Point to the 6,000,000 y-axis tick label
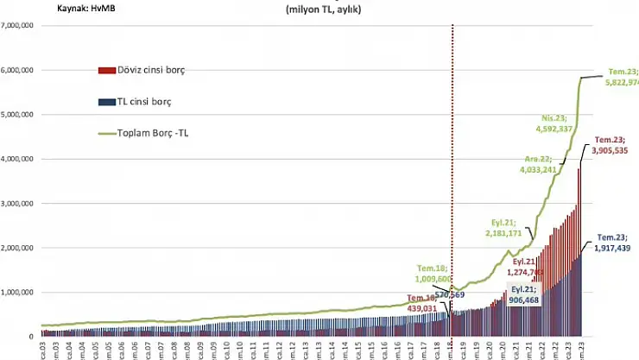coord(17,70)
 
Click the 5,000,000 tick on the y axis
coord(17,114)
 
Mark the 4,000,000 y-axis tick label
coord(17,159)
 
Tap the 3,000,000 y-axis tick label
coord(17,204)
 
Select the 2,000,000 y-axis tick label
coord(17,248)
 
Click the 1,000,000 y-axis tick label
coord(17,293)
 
